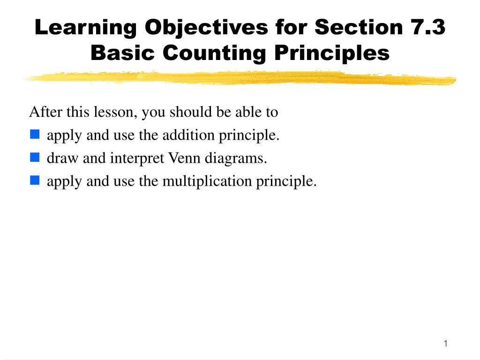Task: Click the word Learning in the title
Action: pos(86,28)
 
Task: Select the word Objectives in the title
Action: pos(206,28)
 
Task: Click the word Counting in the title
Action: pos(214,54)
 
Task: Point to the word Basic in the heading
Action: pos(122,52)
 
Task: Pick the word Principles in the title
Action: pos(332,54)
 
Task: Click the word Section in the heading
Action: pos(359,27)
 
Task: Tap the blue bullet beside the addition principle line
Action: pos(35,134)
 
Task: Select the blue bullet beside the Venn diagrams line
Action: pos(35,157)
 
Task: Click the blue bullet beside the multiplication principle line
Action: pos(35,180)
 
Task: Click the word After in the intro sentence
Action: pos(45,112)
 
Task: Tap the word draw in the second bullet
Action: pos(62,158)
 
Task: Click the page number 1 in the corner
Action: pos(446,344)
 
